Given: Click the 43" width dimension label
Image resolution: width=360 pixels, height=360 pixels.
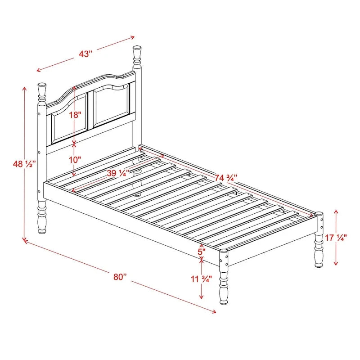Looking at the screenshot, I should coord(85,54).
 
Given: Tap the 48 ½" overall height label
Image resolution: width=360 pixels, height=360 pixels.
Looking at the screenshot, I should coord(24,164).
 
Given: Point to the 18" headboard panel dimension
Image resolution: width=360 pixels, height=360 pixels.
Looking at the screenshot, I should coord(75,115).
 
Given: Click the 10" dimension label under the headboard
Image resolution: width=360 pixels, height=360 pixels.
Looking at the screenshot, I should coord(75,159).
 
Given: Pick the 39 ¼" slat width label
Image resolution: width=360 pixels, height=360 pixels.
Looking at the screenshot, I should coord(118,173).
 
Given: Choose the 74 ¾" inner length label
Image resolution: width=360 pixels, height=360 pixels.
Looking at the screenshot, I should coord(229,177).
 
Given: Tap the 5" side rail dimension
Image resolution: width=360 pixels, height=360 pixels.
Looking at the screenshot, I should coord(201,250).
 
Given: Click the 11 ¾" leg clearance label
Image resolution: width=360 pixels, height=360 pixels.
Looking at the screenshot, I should coord(201,279).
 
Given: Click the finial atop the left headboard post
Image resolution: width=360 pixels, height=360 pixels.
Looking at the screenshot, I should coord(42,91).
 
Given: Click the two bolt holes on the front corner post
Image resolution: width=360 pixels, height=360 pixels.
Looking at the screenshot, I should coord(223,259).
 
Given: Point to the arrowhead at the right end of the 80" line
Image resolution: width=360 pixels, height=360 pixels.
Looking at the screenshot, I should coord(215,311).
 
